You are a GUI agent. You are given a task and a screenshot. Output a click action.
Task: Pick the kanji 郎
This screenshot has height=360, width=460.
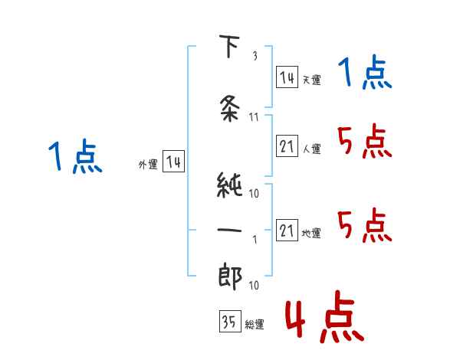[x=230, y=276]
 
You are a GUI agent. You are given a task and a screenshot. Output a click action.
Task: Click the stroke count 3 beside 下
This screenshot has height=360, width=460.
[x=254, y=56]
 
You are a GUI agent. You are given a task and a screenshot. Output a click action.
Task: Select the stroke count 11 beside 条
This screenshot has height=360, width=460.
[x=254, y=117]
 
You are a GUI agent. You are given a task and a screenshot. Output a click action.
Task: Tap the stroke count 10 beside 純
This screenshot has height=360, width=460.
[x=254, y=193]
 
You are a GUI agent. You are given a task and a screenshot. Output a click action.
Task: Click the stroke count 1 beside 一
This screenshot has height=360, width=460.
[x=254, y=238]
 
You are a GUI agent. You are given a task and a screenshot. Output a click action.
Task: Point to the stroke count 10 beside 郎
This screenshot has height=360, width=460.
[x=254, y=285]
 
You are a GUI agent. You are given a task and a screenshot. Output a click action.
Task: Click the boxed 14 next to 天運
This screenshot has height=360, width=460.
[x=287, y=77]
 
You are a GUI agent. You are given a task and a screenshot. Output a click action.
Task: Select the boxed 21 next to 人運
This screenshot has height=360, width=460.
[x=287, y=146]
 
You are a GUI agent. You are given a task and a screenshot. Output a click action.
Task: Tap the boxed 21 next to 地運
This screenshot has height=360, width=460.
[x=287, y=231]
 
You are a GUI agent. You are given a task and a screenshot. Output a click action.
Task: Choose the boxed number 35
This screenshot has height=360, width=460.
[x=228, y=322]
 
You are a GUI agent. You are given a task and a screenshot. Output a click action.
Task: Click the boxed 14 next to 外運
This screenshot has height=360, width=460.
[x=172, y=162]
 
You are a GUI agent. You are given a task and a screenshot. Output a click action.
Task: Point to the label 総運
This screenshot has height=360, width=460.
[x=255, y=325]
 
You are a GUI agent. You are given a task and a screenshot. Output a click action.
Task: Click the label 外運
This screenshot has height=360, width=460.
[x=148, y=164]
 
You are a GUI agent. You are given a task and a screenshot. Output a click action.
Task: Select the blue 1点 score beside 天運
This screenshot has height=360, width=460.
[x=365, y=75]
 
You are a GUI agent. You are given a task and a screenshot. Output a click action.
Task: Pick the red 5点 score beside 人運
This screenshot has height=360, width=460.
[x=365, y=142]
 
